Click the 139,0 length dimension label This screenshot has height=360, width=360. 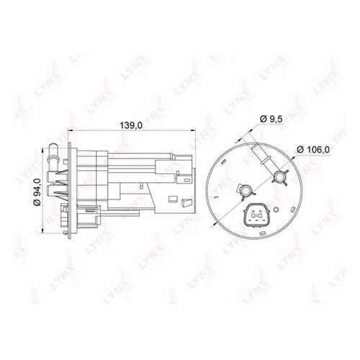131,125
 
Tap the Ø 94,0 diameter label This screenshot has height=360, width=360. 37,192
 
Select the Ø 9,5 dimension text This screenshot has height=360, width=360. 271,119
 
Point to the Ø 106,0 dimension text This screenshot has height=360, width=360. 313,150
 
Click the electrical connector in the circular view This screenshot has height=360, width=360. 256,215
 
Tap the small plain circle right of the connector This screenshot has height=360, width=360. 276,210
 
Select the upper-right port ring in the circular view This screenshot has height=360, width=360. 279,177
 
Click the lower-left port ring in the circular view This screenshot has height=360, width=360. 246,191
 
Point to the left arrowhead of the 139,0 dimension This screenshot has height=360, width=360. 71,130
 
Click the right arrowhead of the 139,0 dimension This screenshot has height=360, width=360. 193,130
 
